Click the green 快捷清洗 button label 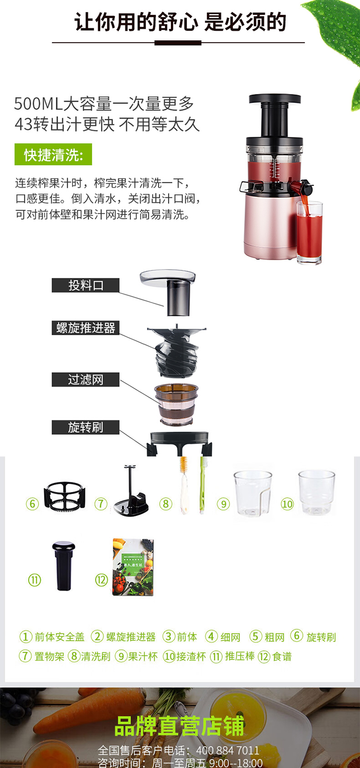pyautogui.click(x=53, y=155)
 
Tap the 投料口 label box pyautogui.click(x=85, y=285)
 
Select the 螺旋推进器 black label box pyautogui.click(x=85, y=328)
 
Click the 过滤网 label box pyautogui.click(x=85, y=380)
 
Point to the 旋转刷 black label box pyautogui.click(x=85, y=427)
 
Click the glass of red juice pyautogui.click(x=309, y=233)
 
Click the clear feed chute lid pyautogui.click(x=168, y=278)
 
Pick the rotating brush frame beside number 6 pyautogui.click(x=65, y=497)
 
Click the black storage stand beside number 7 pyautogui.click(x=131, y=494)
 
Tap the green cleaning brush pyautogui.click(x=203, y=485)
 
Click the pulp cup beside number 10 pyautogui.click(x=316, y=492)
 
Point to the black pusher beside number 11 pyautogui.click(x=63, y=566)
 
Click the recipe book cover pyautogui.click(x=133, y=567)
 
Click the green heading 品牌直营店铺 pyautogui.click(x=180, y=726)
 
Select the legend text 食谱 pyautogui.click(x=282, y=657)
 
